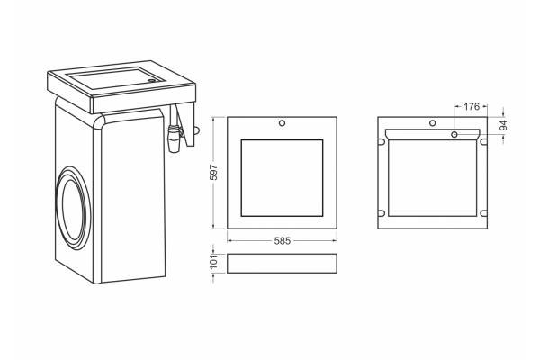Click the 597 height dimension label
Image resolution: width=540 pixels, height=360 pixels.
pos(214,173)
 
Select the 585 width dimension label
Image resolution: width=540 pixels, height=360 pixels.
pos(283,241)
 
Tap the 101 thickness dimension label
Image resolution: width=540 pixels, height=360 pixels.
pos(214,262)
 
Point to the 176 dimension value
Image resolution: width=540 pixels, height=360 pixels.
pos(471,107)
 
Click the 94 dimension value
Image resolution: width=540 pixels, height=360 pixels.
pos(503,125)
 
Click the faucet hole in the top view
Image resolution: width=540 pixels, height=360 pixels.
pos(282,123)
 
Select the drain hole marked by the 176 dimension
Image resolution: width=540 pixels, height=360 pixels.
pos(454,134)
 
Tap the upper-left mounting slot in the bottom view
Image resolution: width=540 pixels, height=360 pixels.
pos(382,141)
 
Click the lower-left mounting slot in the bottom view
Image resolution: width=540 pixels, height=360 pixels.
pos(382,213)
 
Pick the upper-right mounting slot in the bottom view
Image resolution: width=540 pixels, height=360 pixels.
pos(484,141)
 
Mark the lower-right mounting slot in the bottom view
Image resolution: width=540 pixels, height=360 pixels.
pos(484,213)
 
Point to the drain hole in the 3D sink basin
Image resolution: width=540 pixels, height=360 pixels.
pos(151,81)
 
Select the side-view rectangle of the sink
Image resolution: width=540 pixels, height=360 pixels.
pos(282,264)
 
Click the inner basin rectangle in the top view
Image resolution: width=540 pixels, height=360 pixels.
pos(282,178)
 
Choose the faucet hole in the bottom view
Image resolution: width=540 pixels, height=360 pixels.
pos(433,123)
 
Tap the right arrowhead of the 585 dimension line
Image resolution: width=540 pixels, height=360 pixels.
pos(335,241)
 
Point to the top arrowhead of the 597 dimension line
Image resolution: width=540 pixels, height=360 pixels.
pos(213,119)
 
